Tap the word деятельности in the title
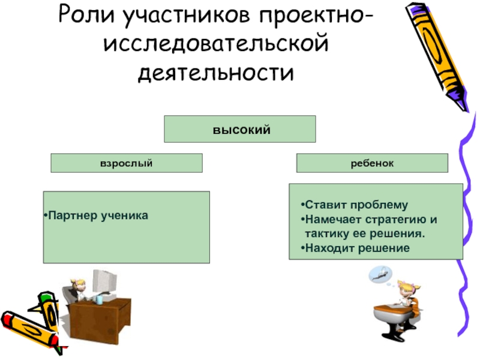pyautogui.click(x=217, y=74)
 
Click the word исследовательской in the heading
pyautogui.click(x=217, y=46)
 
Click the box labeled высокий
pyautogui.click(x=240, y=129)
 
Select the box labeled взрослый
pyautogui.click(x=126, y=163)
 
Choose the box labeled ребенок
pyautogui.click(x=373, y=163)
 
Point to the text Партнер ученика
pyautogui.click(x=98, y=214)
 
